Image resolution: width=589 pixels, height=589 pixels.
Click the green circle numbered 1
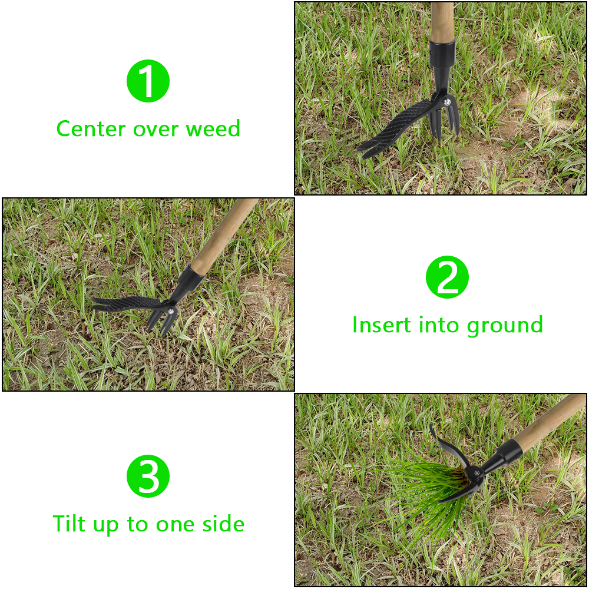tap(148, 81)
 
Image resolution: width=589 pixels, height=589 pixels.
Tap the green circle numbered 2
tap(447, 277)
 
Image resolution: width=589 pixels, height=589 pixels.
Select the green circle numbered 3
tap(148, 476)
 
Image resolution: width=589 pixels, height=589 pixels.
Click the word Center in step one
tap(91, 129)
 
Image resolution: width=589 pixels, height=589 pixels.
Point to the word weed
tap(213, 128)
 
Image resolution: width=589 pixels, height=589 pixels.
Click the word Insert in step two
tap(382, 325)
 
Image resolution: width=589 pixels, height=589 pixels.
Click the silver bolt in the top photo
tap(447, 101)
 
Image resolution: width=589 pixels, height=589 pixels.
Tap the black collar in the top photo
tap(442, 54)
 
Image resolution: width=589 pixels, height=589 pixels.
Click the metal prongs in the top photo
tap(445, 120)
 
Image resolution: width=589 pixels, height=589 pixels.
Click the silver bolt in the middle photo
tap(171, 310)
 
